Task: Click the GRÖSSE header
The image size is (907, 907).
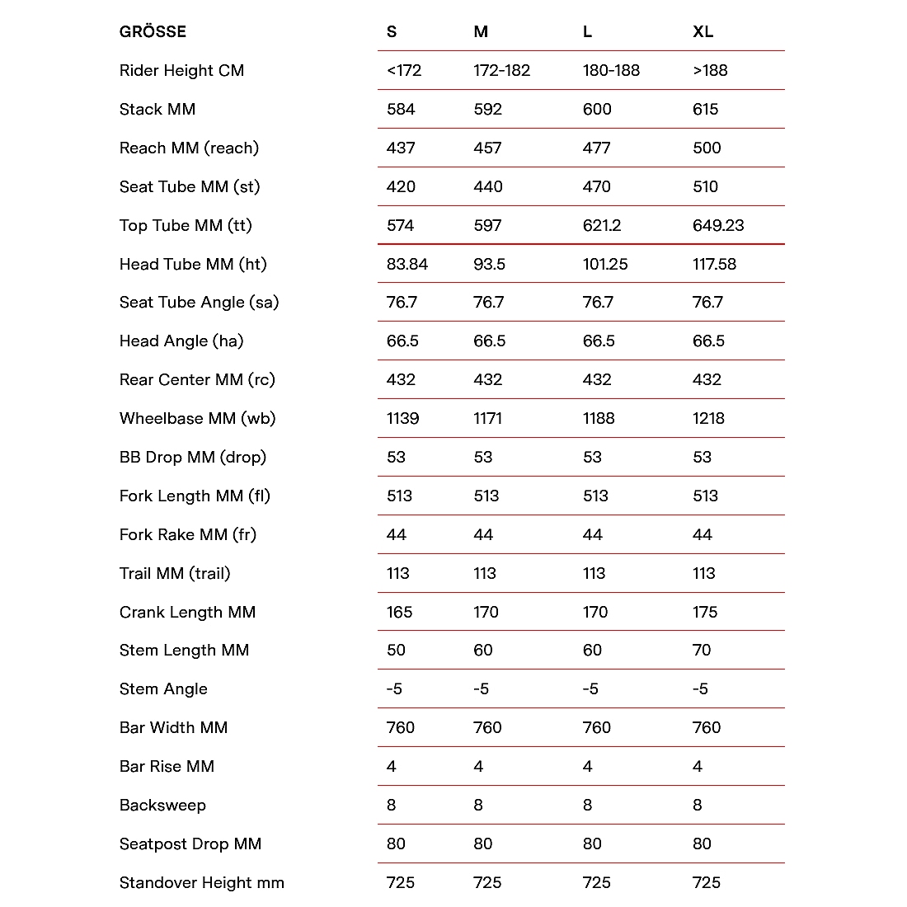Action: tap(153, 32)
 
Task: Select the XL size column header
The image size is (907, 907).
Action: tap(703, 32)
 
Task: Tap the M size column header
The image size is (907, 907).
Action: tap(481, 32)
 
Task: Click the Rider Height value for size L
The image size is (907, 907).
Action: tap(611, 71)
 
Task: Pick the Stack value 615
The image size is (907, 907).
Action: tap(705, 110)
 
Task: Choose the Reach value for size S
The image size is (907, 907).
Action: tap(401, 148)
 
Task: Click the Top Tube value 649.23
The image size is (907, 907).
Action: tap(717, 226)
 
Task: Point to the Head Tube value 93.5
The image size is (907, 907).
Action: tap(489, 265)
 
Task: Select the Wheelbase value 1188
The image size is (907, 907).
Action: tap(598, 419)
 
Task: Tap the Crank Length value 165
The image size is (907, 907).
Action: tap(399, 613)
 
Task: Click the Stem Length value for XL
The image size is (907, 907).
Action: tap(701, 651)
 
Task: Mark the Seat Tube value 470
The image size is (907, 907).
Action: tap(596, 187)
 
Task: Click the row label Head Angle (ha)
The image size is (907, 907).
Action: tap(181, 341)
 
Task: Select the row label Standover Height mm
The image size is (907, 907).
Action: tap(201, 883)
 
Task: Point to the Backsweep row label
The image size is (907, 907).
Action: tap(162, 806)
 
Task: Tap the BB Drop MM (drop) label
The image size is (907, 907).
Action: tap(192, 458)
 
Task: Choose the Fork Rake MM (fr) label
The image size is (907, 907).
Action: tap(187, 535)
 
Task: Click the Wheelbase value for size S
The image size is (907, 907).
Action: tap(402, 419)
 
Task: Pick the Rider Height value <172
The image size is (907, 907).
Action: tap(403, 71)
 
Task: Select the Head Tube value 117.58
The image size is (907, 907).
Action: tap(714, 265)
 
